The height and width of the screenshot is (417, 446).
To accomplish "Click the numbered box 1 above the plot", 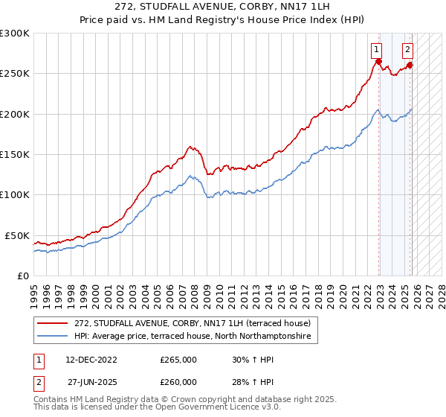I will coord(378,50).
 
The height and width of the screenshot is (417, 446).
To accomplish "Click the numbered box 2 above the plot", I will coord(408,50).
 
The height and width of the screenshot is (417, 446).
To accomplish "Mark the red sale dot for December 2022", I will coord(379,62).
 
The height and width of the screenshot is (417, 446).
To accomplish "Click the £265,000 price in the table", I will coord(178,360).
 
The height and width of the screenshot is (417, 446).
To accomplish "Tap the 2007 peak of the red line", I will coord(190,147).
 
